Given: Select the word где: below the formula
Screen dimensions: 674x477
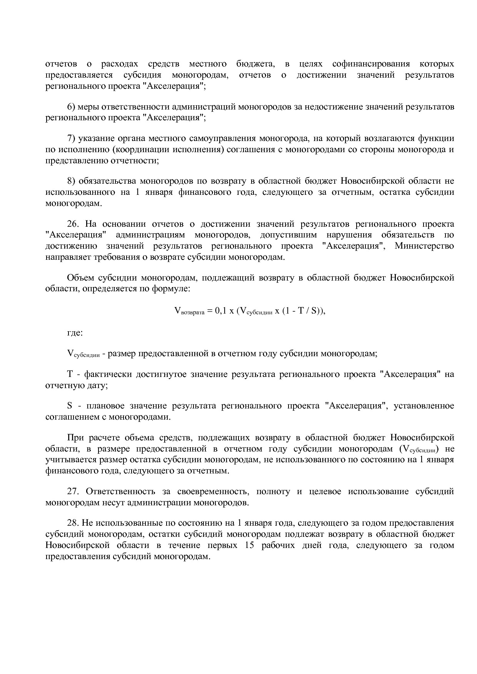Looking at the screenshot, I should point(75,332).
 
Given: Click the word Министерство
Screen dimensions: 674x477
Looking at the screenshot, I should point(424,246).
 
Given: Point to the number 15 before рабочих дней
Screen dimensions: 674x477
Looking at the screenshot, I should point(249,545).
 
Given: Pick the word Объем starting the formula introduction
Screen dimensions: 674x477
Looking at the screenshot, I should point(80,278).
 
